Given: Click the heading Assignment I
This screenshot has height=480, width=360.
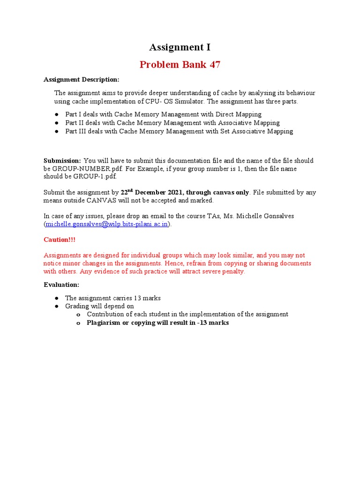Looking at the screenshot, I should (180, 47).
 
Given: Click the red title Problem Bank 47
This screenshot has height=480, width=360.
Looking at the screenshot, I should (180, 64).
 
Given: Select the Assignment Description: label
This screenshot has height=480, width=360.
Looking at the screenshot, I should (82, 79).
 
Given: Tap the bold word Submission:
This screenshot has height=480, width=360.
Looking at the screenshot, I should (62, 160).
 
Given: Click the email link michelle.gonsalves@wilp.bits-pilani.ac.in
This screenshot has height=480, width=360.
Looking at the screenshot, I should (107, 224).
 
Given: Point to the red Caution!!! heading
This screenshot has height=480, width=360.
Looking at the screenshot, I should (60, 240).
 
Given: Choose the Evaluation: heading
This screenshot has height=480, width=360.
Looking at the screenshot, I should (61, 285).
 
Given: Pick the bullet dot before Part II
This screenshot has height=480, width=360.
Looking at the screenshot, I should (56, 123).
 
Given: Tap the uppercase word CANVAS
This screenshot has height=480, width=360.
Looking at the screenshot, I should (96, 200).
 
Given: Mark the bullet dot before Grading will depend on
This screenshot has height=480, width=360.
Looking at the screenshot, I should (56, 306).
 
